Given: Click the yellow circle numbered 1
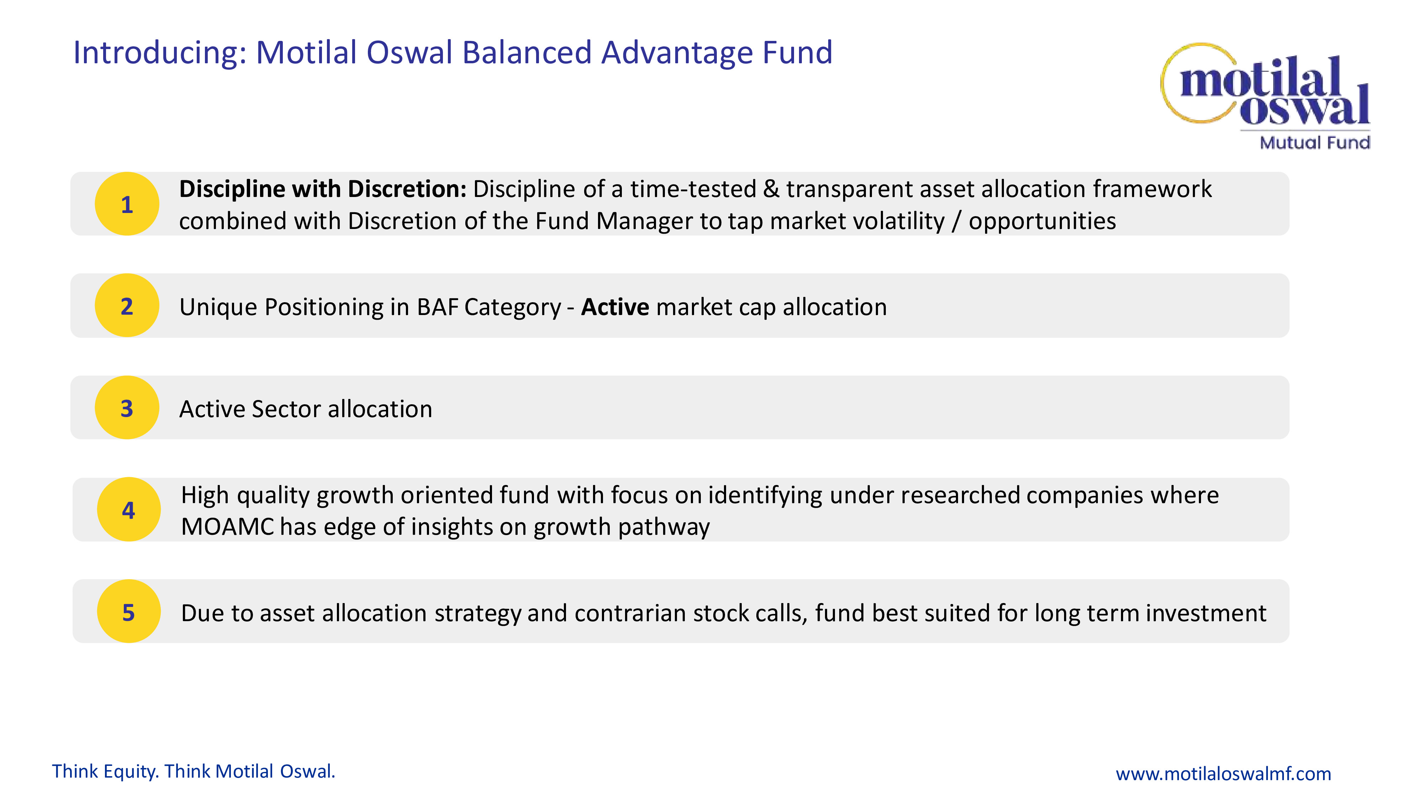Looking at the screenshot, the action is point(127,204).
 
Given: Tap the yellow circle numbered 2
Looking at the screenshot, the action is point(127,305).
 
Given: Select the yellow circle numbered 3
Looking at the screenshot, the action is point(127,407).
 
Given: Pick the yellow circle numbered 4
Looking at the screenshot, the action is point(129,509).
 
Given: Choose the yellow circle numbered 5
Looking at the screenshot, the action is point(129,611).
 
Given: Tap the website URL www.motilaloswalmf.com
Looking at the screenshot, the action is point(1223,773).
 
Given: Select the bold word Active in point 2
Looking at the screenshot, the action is point(615,307).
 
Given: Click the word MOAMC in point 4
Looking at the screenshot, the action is point(227,527).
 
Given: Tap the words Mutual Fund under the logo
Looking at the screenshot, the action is point(1315,143).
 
